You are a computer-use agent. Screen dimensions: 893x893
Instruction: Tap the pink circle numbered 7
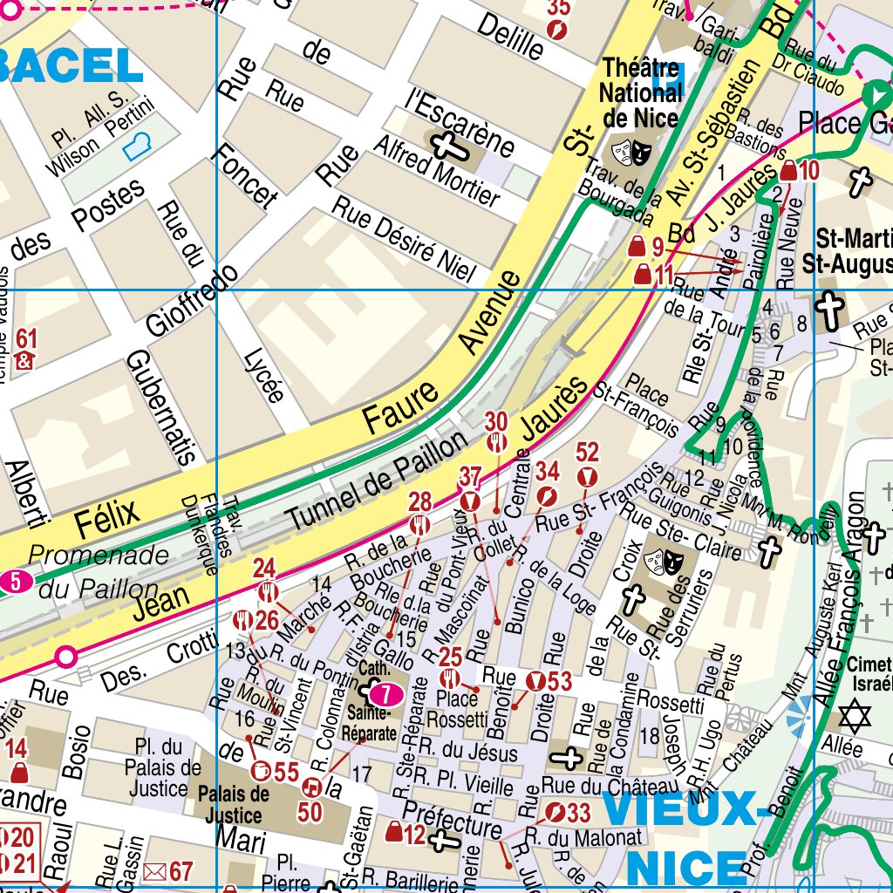[384, 694]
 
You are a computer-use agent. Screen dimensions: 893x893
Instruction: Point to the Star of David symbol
[855, 717]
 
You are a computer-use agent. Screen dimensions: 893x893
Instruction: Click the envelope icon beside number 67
[154, 870]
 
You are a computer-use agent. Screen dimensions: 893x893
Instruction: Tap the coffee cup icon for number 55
[259, 770]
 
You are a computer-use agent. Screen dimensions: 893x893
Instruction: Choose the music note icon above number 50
[310, 787]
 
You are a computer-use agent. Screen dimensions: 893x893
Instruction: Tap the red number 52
[588, 453]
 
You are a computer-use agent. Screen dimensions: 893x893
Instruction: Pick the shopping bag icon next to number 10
[788, 171]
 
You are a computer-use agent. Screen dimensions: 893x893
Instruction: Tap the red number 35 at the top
[558, 9]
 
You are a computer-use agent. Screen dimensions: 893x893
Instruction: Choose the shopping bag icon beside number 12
[394, 833]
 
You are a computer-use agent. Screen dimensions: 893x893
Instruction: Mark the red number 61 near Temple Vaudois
[26, 340]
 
